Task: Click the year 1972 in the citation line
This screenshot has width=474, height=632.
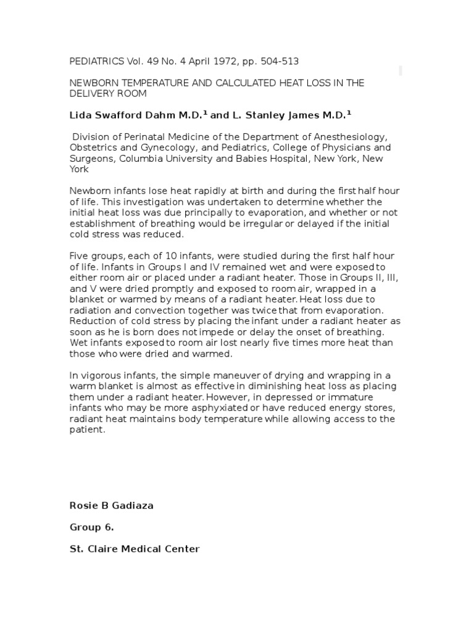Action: click(218, 61)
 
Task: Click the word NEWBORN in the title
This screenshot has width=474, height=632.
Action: click(92, 83)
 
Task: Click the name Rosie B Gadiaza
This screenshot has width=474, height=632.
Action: click(111, 505)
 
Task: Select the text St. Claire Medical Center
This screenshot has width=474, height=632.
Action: click(134, 549)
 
